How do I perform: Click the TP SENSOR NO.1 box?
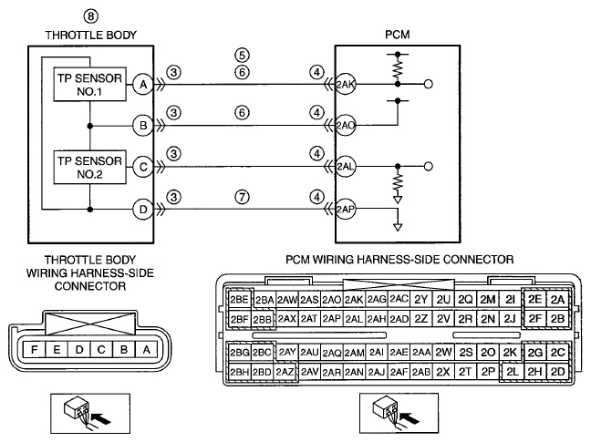[x=89, y=85]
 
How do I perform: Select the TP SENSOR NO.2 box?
[x=89, y=167]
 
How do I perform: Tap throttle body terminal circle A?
[x=143, y=85]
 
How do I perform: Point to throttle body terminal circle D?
[x=143, y=210]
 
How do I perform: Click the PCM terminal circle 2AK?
[x=346, y=85]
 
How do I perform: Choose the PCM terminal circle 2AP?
[x=346, y=210]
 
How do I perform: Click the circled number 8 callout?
[x=90, y=16]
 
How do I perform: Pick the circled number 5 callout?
[x=242, y=55]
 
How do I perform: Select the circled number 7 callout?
[x=242, y=197]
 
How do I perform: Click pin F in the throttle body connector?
[x=35, y=350]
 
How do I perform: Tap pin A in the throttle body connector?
[x=147, y=350]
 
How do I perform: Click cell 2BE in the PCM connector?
[x=239, y=300]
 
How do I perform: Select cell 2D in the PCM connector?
[x=557, y=372]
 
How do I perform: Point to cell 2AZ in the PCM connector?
[x=285, y=372]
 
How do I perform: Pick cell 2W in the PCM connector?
[x=443, y=352]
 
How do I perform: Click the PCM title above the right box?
[x=398, y=35]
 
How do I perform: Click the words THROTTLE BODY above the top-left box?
[x=91, y=35]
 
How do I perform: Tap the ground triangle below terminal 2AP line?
[x=398, y=227]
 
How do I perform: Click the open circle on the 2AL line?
[x=428, y=166]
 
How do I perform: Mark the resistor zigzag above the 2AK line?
[x=398, y=69]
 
